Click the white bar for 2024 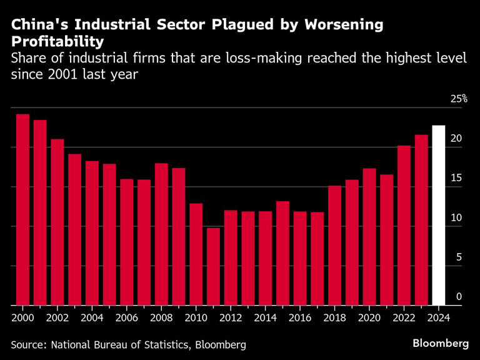coord(439,216)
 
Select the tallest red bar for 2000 coord(22,209)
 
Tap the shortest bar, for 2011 coord(214,267)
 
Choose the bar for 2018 coord(335,246)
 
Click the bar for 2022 coord(404,226)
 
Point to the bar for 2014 coord(266,258)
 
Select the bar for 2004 coord(92,233)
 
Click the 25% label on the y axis coord(459,99)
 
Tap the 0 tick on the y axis coord(459,296)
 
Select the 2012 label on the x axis coord(231,317)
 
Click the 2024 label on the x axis coord(439,317)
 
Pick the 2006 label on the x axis coord(127,317)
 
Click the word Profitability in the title coord(57,42)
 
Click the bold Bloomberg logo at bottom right coord(441,343)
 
